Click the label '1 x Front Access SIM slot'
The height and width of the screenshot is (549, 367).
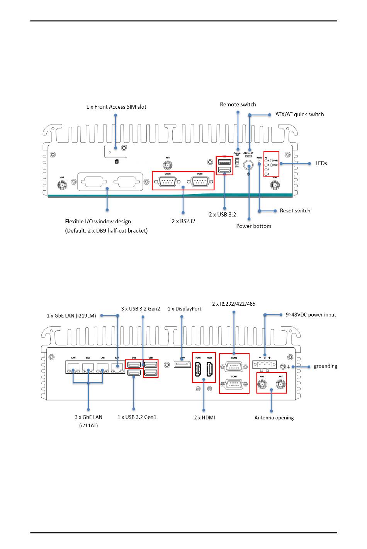116,107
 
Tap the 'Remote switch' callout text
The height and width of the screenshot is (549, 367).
238,104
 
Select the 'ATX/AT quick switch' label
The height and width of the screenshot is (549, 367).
299,114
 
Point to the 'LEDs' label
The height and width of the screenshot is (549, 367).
321,163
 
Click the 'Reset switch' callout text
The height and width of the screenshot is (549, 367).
295,210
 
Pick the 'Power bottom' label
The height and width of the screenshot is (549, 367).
253,226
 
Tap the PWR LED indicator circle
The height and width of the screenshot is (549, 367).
272,160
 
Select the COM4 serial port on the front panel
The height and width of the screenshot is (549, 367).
199,181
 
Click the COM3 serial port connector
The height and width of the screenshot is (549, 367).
167,181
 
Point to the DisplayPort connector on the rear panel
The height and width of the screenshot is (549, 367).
182,364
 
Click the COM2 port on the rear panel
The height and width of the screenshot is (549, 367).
234,366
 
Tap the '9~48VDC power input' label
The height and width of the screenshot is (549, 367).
311,315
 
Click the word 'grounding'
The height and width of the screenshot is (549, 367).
325,366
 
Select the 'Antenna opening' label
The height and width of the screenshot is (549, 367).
274,417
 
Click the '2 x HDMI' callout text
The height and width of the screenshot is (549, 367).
204,417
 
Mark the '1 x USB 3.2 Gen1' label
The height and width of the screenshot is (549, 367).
137,417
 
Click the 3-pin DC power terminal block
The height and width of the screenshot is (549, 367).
265,365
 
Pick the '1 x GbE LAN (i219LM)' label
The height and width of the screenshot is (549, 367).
71,316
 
